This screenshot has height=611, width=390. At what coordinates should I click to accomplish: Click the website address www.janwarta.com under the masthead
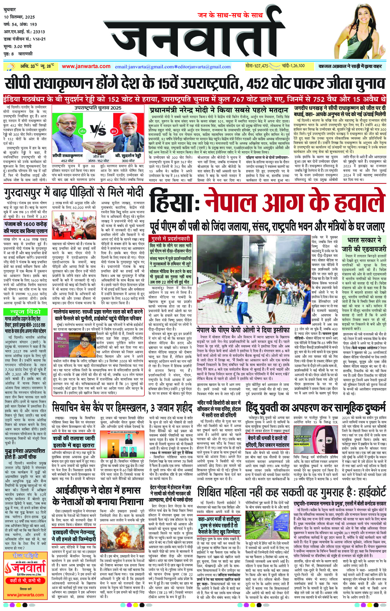pyautogui.click(x=86, y=66)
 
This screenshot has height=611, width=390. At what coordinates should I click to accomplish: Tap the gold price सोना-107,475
pyautogui.click(x=257, y=66)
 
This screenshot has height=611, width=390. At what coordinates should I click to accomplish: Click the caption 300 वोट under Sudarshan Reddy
pyautogui.click(x=128, y=160)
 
